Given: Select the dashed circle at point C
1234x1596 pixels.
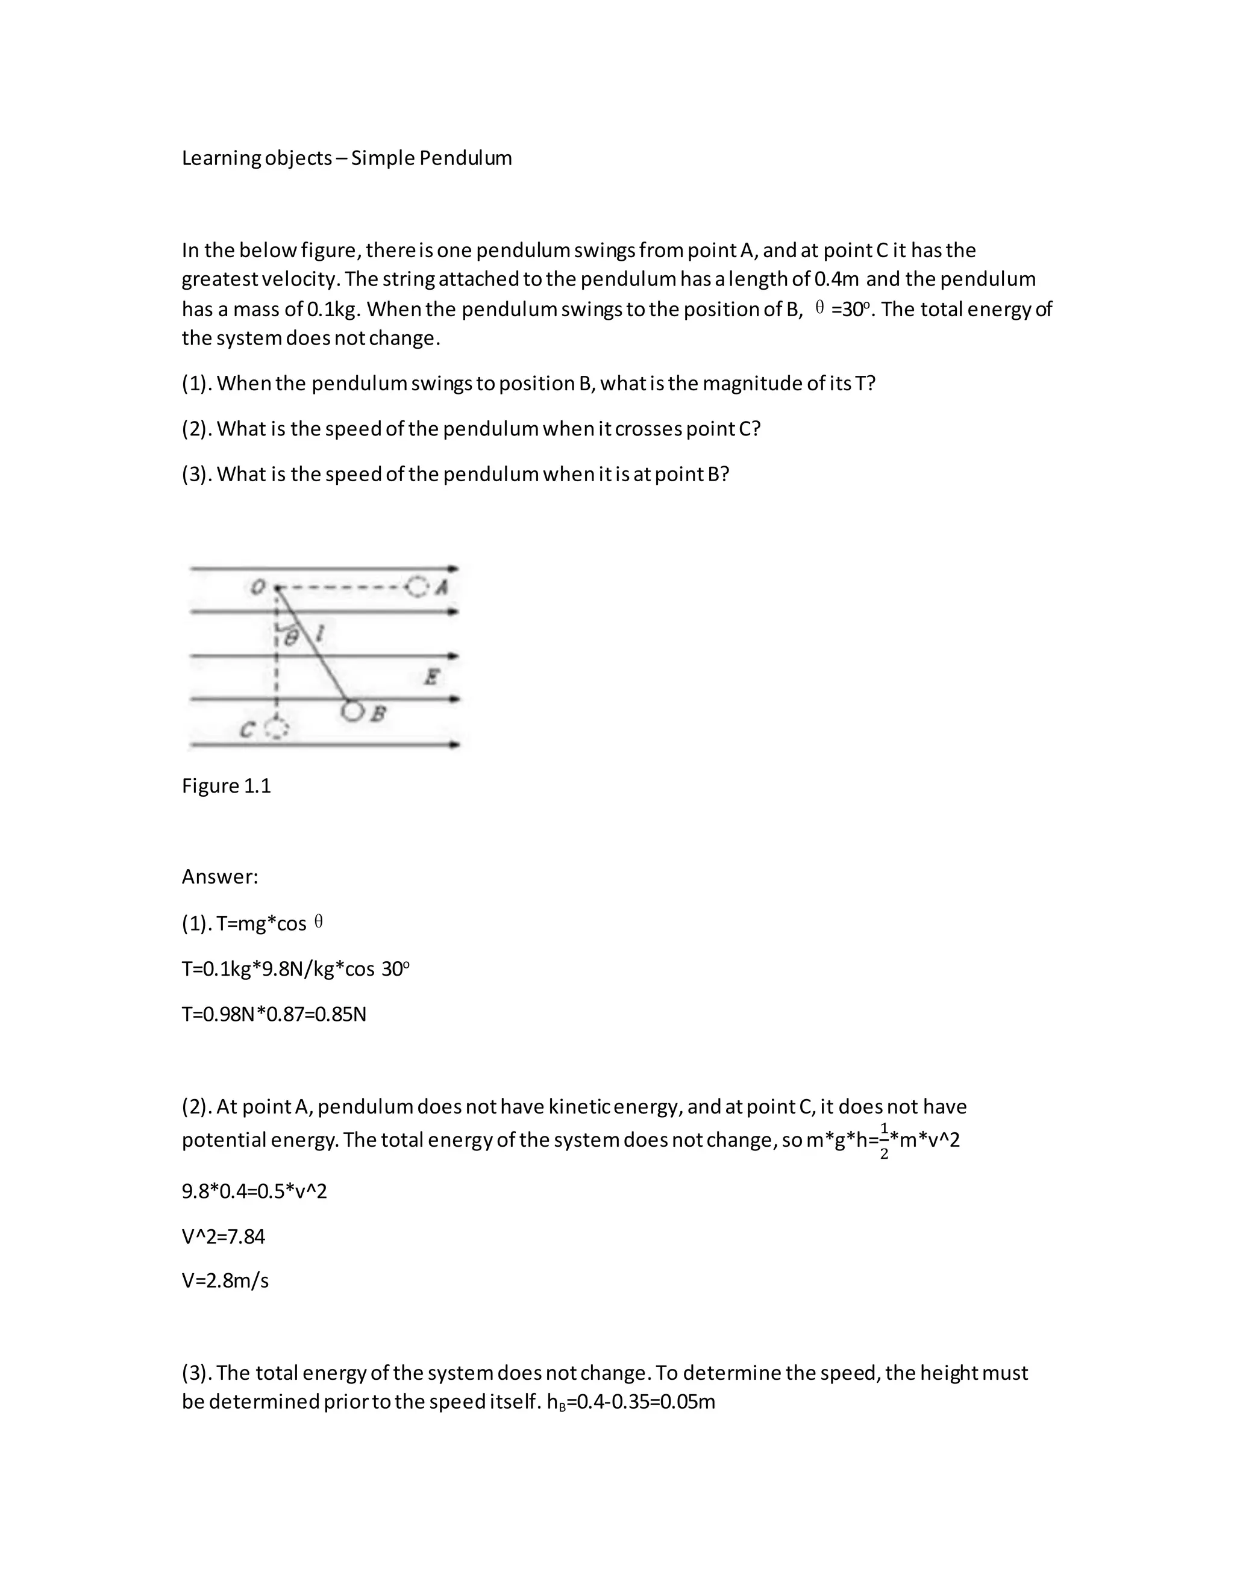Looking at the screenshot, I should [277, 729].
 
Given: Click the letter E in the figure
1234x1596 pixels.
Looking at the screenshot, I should [432, 677].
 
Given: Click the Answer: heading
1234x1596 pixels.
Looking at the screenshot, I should [220, 877].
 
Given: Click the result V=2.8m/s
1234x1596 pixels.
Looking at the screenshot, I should [225, 1281].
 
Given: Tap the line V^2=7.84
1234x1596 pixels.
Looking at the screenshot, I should [223, 1236].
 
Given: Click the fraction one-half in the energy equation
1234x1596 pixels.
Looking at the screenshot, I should [884, 1141].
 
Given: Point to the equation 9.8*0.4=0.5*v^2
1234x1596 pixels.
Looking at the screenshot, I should [254, 1192].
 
